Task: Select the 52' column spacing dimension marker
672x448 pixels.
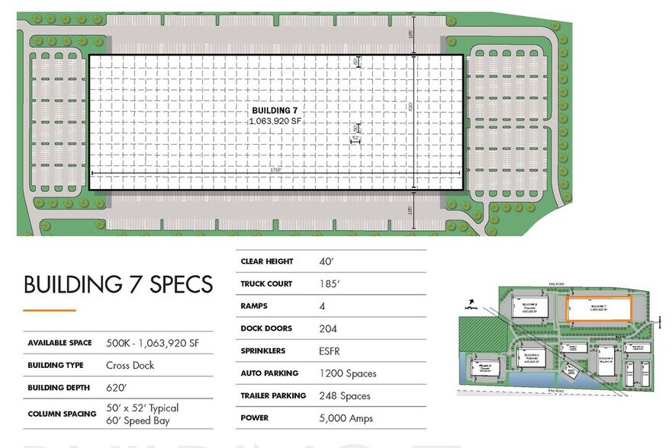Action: click(x=355, y=138)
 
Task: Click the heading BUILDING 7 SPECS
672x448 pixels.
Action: click(x=118, y=284)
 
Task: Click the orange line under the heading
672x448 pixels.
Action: click(x=50, y=310)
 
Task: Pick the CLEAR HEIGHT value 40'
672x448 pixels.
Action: click(x=327, y=261)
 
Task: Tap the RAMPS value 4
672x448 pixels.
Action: click(x=323, y=306)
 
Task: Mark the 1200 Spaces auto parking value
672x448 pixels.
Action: click(x=348, y=373)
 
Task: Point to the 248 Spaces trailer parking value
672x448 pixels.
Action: click(x=345, y=396)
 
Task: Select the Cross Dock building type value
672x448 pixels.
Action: click(x=130, y=365)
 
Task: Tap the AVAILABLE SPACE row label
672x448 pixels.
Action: click(x=59, y=343)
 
